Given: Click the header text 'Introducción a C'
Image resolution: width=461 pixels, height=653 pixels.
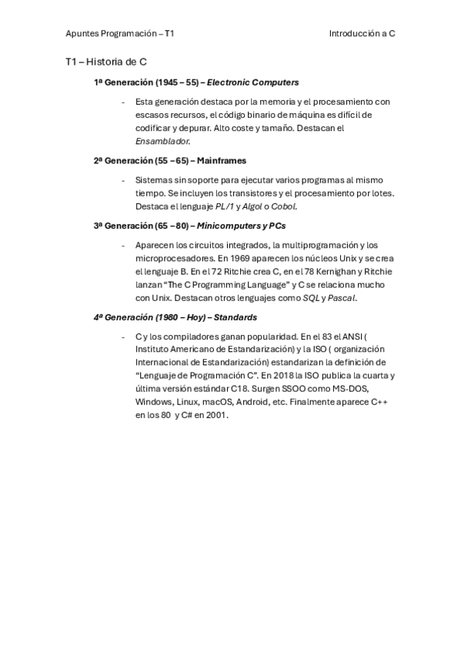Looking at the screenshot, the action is [362, 34].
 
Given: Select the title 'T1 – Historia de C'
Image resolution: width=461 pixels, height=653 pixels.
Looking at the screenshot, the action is [106, 62].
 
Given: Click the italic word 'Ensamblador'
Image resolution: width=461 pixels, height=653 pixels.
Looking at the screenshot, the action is [162, 142].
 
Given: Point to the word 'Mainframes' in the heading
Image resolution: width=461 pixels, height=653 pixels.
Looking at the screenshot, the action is [221, 161].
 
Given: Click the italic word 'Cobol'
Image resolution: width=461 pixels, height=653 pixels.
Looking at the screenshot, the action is [284, 206].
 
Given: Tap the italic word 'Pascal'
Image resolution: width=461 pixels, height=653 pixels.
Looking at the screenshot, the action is [361, 297].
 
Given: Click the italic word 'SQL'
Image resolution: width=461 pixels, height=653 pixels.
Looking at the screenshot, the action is [333, 297].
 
